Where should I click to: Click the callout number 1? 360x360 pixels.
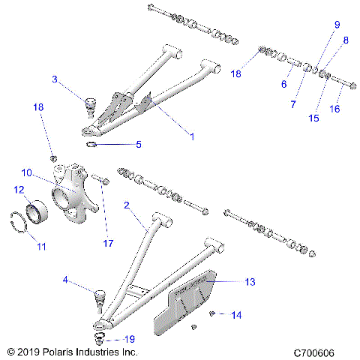point(191,137)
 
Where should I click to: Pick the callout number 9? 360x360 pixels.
point(284,84)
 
